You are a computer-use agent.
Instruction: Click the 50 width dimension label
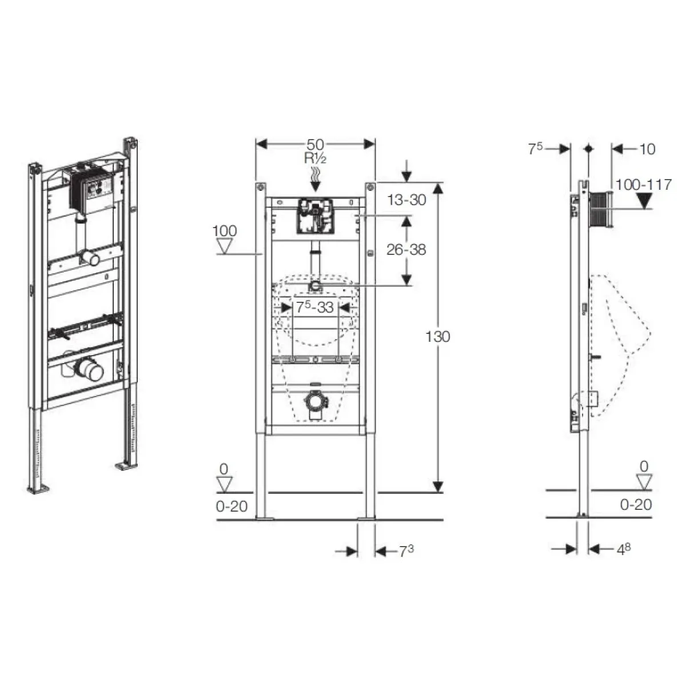tap(315, 145)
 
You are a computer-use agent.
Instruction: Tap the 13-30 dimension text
tap(406, 200)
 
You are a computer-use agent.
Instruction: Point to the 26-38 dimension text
tap(406, 250)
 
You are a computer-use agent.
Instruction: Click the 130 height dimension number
tap(437, 336)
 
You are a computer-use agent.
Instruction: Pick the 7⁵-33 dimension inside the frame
tap(315, 307)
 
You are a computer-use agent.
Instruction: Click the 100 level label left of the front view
tap(224, 231)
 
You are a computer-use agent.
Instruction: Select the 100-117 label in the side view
tap(644, 185)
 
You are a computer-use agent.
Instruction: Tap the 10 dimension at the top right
tap(648, 149)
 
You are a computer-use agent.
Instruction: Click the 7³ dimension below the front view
tap(406, 552)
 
